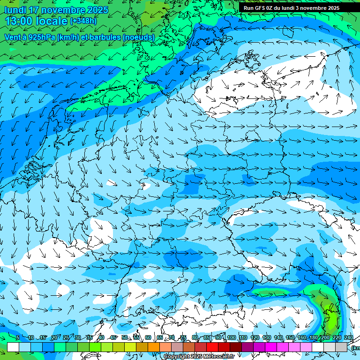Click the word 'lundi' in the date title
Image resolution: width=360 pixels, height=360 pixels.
[x=15, y=10]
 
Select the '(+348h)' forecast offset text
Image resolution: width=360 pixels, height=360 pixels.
[x=84, y=21]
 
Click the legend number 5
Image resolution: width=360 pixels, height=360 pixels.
[x=18, y=337]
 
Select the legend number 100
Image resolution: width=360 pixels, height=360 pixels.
[x=231, y=337]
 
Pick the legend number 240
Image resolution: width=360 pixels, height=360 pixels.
[x=348, y=337]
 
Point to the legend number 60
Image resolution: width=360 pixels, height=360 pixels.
[x=148, y=337]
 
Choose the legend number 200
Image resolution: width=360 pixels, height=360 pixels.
[x=325, y=337]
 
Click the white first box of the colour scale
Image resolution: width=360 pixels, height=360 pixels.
[x=13, y=347]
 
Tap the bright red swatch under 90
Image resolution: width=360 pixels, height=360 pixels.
[x=212, y=347]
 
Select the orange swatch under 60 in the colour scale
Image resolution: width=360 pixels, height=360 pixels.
[x=154, y=347]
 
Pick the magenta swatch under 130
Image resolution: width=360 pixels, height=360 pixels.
[x=271, y=347]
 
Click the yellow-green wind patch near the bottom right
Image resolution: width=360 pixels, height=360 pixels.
[x=331, y=319]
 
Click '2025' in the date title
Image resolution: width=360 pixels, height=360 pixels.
[x=97, y=10]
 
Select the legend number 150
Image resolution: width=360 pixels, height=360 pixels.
[x=290, y=337]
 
